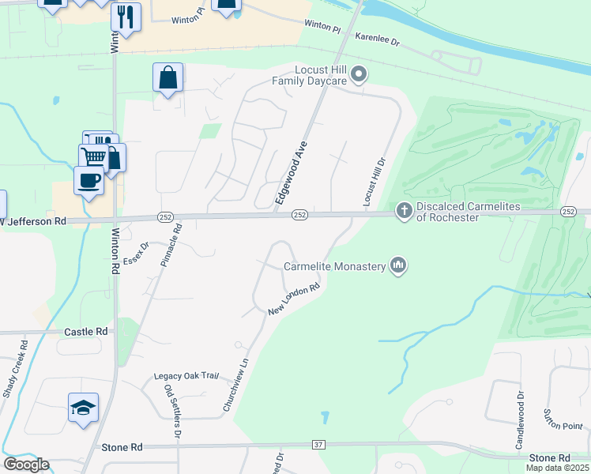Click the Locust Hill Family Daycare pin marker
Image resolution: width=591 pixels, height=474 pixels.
coord(359,75)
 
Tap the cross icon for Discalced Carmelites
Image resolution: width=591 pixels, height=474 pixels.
coord(404,211)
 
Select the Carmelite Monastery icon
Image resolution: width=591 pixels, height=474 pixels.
coord(397,265)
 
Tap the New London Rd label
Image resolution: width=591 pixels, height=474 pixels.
coord(293,299)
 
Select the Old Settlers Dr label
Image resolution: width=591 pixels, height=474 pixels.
coord(172,411)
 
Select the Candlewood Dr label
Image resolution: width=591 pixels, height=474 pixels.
coord(520,422)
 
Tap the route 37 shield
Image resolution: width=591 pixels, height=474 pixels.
coord(318,446)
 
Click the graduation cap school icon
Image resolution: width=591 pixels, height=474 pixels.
coord(84,408)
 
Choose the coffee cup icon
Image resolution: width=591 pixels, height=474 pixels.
coord(88,180)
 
